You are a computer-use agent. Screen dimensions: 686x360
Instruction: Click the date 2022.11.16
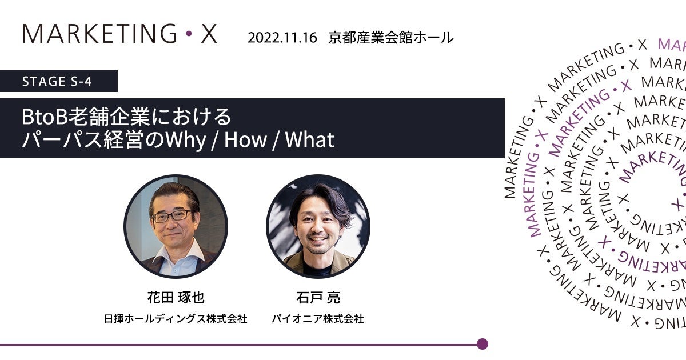(282, 38)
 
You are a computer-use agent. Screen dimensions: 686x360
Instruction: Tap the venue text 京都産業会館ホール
(391, 38)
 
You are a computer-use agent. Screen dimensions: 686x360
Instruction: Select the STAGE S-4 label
(57, 81)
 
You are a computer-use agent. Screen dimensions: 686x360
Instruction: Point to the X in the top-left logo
(209, 34)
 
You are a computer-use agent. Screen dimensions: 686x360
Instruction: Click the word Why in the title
(186, 141)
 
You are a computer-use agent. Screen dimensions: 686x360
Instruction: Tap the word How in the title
(245, 139)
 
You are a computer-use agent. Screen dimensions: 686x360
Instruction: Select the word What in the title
(310, 139)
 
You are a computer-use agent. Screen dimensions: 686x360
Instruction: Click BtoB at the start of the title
(45, 117)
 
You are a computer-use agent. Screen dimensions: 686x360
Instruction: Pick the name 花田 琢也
(176, 297)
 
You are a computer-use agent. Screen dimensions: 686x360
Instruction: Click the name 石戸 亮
(318, 297)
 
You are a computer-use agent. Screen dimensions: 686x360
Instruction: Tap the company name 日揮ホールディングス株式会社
(176, 319)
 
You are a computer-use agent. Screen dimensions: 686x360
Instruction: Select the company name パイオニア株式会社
(318, 319)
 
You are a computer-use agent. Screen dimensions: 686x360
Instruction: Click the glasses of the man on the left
(171, 216)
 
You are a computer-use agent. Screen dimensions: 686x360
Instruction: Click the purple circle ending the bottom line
(482, 344)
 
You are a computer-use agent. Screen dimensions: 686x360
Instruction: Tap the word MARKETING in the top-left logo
(99, 34)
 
